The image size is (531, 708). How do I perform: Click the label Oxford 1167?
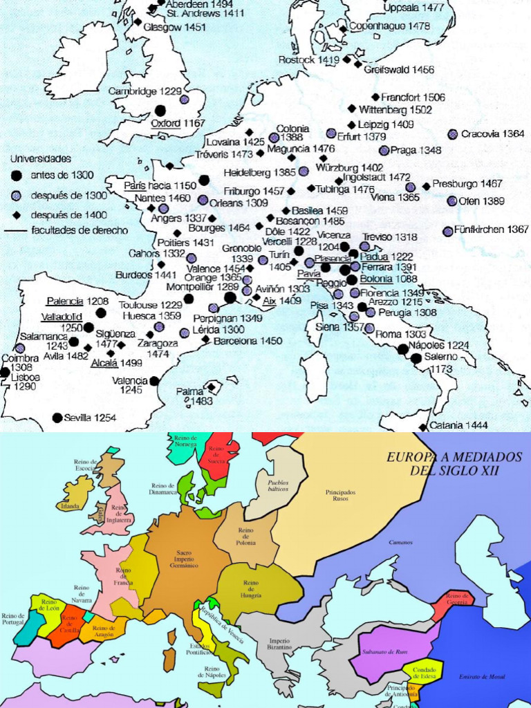[178, 123]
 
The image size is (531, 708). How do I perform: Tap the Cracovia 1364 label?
[493, 134]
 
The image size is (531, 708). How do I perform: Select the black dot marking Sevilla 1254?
[57, 418]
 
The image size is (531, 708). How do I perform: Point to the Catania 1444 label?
[458, 425]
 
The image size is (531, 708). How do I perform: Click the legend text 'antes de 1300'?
[62, 176]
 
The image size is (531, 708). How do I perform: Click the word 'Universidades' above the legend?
[40, 158]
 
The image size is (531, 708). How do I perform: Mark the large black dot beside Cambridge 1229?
[160, 110]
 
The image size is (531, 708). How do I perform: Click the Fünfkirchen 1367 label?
[492, 230]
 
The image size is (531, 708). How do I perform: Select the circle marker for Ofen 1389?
[452, 201]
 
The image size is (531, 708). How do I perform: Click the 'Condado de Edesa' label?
[422, 674]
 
